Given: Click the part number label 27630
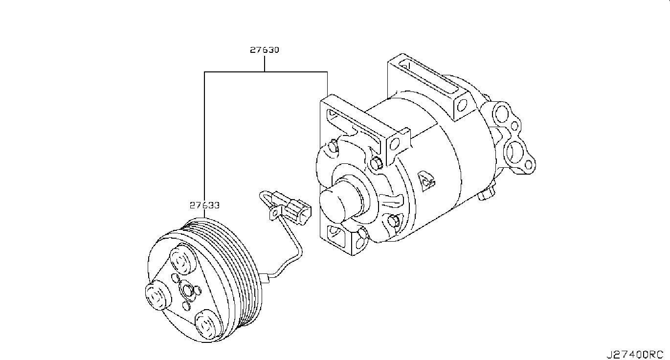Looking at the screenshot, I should point(265,50).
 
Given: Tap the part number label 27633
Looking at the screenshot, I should point(204,205).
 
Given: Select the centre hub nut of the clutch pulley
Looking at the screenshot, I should point(187,290).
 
